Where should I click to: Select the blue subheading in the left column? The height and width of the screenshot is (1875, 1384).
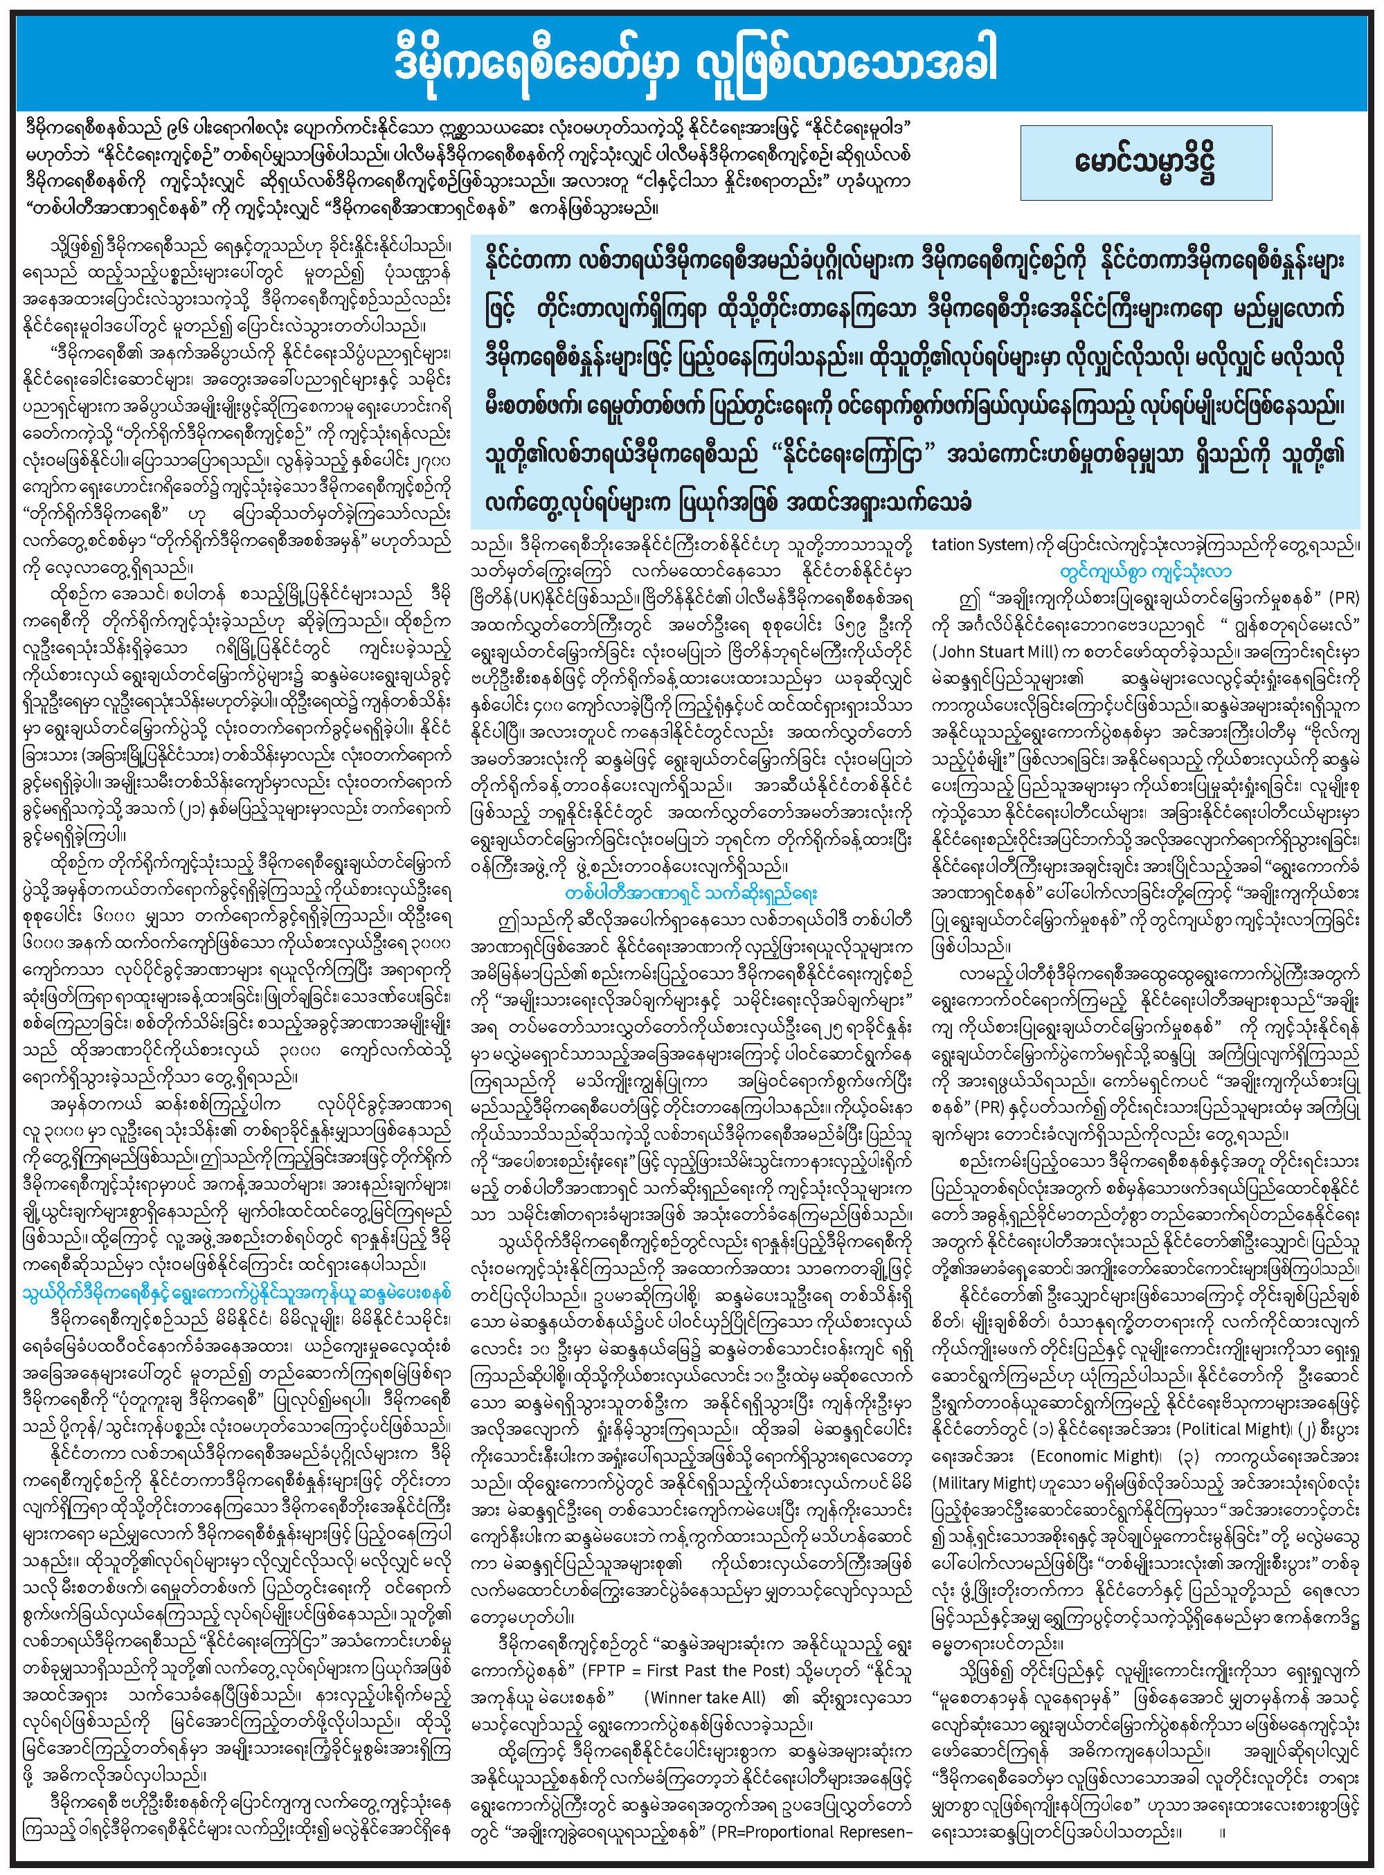[x=237, y=1293]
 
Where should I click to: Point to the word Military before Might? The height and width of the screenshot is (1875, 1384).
[x=962, y=1483]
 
